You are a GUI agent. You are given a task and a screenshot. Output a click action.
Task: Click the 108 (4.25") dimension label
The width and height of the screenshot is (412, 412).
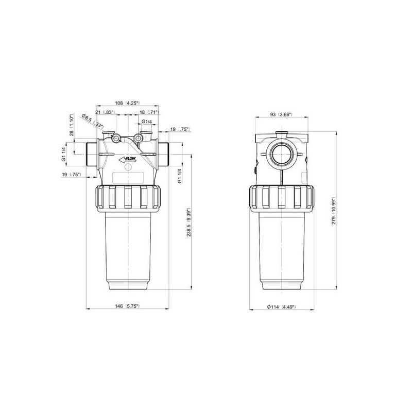127,103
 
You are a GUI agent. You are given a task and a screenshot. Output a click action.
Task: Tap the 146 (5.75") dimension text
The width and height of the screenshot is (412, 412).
127,306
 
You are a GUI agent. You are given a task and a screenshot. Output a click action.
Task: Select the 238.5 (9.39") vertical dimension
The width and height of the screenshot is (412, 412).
188,222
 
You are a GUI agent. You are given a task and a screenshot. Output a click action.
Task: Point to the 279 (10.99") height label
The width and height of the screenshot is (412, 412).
334,211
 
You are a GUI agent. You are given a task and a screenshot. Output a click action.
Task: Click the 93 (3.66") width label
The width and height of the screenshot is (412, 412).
281,114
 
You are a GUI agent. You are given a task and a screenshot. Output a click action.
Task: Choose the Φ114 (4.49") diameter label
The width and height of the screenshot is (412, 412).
281,306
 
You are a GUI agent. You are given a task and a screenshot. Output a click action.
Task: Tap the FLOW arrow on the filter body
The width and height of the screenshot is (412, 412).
127,159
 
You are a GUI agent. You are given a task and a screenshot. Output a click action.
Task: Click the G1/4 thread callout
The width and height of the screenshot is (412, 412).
147,122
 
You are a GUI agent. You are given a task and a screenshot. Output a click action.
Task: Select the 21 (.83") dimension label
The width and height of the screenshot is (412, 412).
105,112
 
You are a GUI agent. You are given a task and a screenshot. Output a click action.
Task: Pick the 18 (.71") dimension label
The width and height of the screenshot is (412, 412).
149,112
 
